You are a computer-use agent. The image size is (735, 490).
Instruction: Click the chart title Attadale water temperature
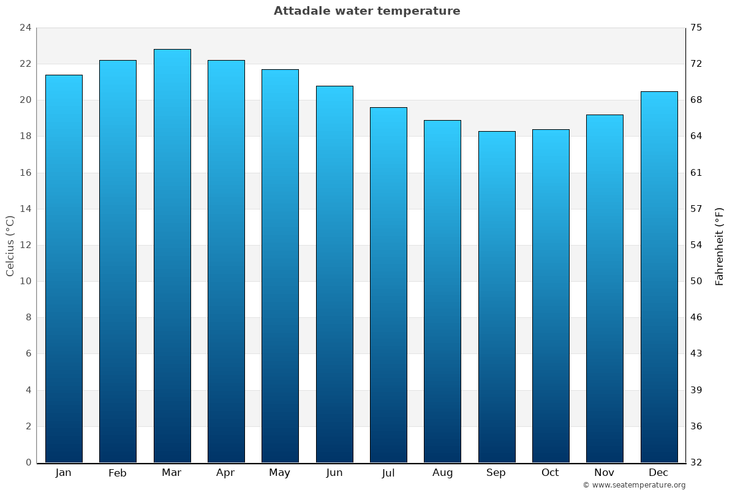367,11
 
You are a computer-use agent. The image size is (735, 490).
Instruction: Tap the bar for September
497,297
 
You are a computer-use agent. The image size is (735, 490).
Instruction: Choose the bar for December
659,277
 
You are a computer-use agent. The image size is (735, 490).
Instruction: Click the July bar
388,285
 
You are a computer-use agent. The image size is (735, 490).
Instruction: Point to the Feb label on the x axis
118,473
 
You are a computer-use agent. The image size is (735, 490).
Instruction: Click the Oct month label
550,473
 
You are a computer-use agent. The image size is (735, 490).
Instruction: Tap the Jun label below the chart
334,473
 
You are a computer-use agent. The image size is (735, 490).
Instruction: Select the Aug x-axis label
442,473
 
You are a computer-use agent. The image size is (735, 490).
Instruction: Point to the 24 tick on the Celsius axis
25,28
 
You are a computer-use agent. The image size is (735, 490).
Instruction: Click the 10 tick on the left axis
25,281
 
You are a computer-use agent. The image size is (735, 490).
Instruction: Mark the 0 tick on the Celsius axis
28,462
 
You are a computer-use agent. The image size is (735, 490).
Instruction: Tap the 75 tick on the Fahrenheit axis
696,28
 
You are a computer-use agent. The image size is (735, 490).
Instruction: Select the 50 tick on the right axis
696,281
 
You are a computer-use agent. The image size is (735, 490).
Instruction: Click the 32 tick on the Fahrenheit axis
696,462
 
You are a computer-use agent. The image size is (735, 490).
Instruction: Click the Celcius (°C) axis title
10,245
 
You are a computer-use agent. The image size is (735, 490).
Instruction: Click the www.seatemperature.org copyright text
634,485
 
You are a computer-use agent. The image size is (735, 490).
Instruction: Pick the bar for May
280,266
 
